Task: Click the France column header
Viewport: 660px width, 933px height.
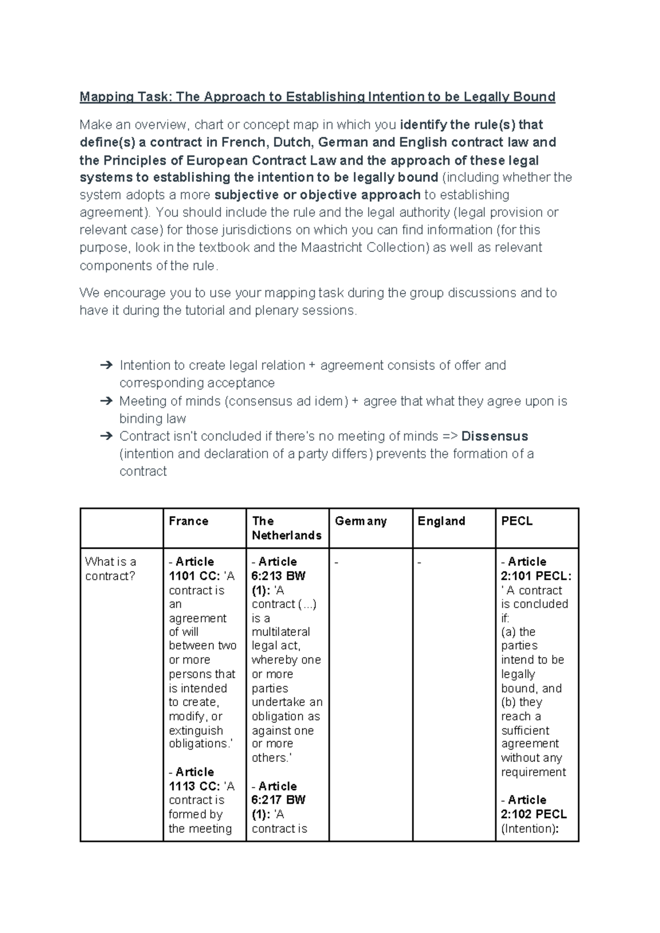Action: coord(188,521)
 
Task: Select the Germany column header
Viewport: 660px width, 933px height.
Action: coord(360,521)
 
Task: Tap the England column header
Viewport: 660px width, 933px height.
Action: coord(441,521)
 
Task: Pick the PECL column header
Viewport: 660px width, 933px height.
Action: coord(516,521)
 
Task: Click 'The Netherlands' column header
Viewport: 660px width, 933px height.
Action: coord(286,528)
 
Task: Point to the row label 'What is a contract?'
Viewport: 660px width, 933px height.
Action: coord(111,568)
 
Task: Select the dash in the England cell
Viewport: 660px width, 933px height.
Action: coord(420,562)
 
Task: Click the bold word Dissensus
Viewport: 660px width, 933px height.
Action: coord(494,436)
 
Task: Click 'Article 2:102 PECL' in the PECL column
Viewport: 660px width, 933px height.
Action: coord(533,807)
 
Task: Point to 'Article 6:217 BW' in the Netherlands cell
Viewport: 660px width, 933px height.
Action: coord(278,793)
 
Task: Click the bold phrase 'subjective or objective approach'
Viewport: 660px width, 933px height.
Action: coord(317,195)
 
